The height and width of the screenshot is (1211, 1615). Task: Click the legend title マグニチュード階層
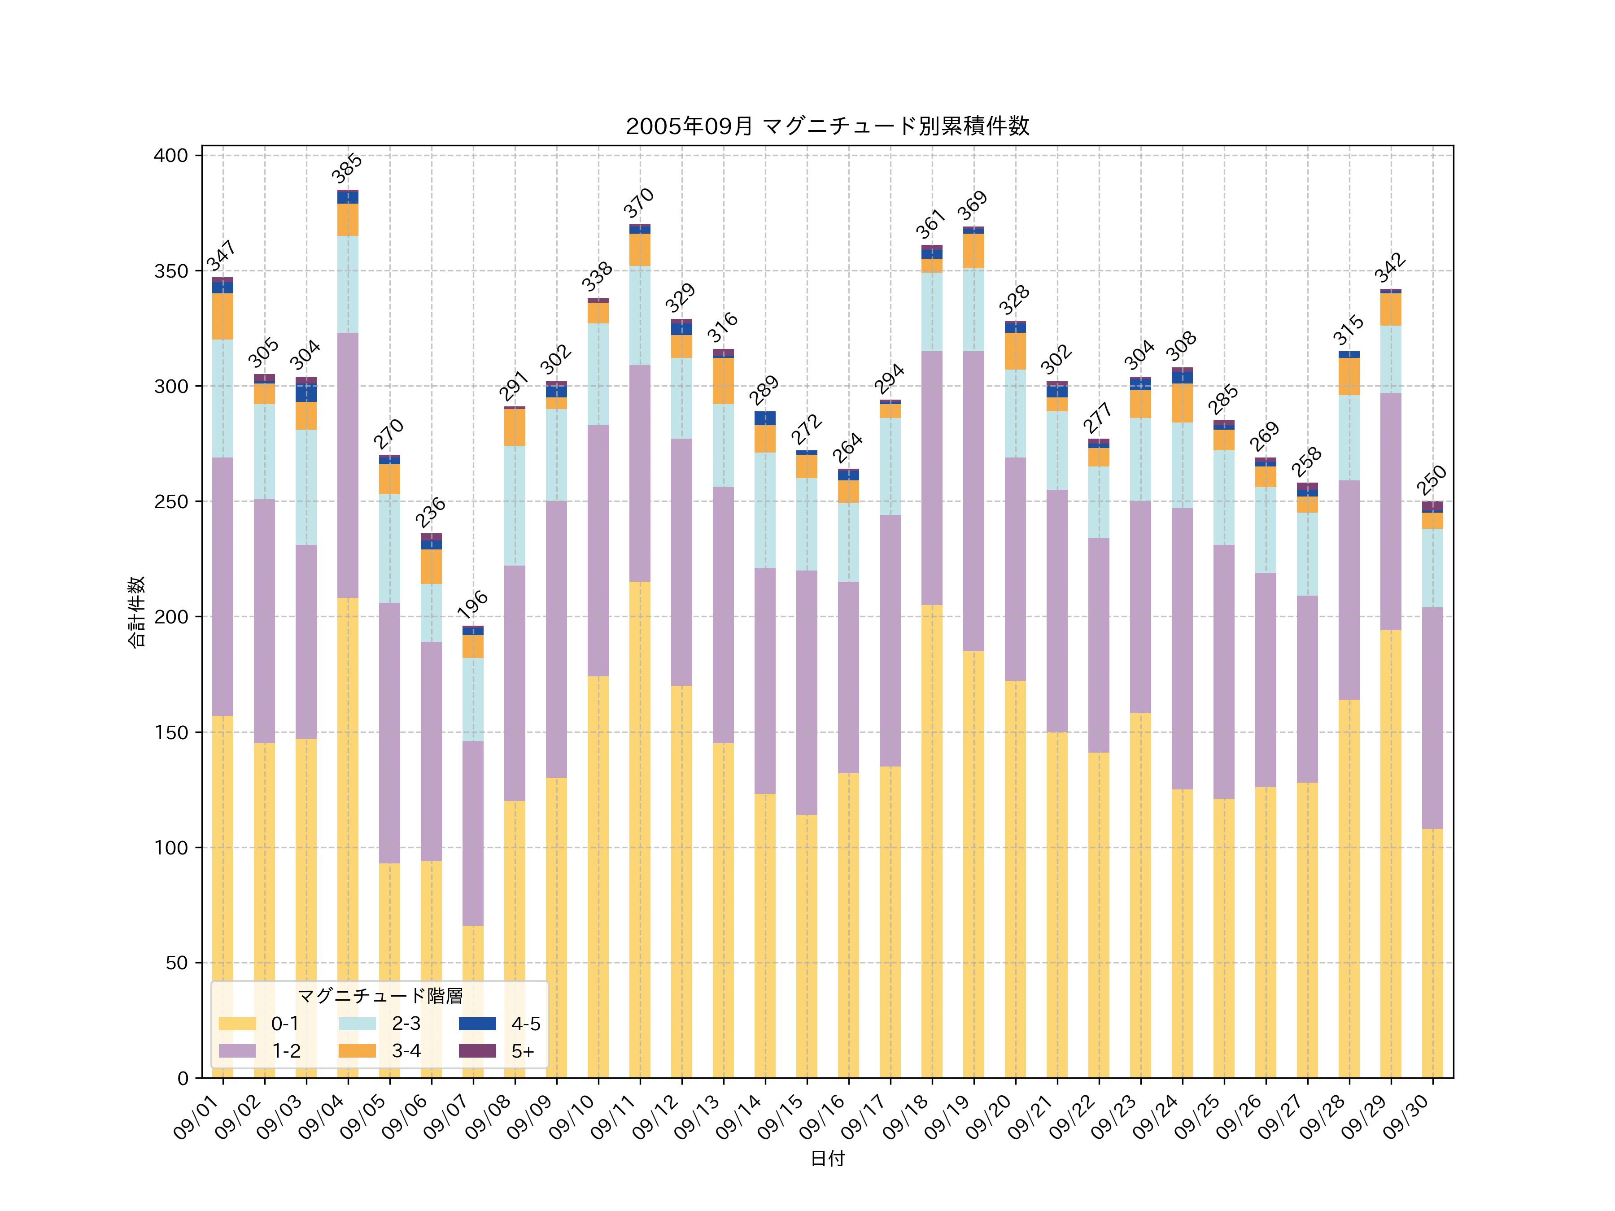pyautogui.click(x=380, y=997)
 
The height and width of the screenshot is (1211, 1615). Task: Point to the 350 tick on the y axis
pyautogui.click(x=171, y=271)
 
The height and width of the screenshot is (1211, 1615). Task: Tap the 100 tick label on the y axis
pyautogui.click(x=171, y=848)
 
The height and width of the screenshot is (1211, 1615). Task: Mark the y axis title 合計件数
pyautogui.click(x=136, y=612)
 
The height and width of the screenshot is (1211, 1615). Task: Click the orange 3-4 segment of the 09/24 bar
pyautogui.click(x=1182, y=403)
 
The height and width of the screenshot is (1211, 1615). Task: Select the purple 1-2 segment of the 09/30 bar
pyautogui.click(x=1432, y=718)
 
